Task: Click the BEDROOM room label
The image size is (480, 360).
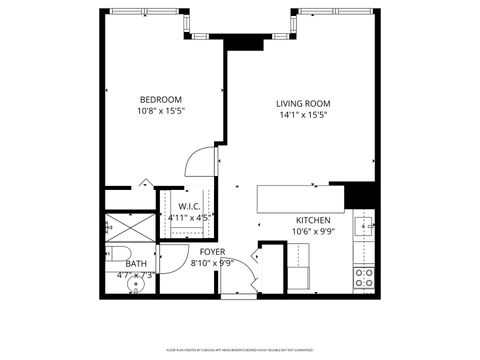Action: pyautogui.click(x=160, y=99)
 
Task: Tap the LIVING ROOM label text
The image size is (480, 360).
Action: pyautogui.click(x=303, y=103)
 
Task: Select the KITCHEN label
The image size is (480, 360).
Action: pyautogui.click(x=313, y=220)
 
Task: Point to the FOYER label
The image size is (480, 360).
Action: pyautogui.click(x=212, y=252)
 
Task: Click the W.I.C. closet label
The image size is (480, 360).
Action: pyautogui.click(x=191, y=208)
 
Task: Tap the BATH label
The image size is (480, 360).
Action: pyautogui.click(x=136, y=263)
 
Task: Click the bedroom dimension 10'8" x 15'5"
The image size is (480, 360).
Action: pyautogui.click(x=160, y=112)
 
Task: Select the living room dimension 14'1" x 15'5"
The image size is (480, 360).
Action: pyautogui.click(x=303, y=115)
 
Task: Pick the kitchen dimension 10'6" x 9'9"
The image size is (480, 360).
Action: pyautogui.click(x=313, y=232)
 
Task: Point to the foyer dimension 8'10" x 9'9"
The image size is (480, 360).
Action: pyautogui.click(x=212, y=264)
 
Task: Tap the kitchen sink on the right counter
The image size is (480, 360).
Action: pyautogui.click(x=364, y=224)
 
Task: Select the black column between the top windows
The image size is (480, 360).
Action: pyautogui.click(x=236, y=40)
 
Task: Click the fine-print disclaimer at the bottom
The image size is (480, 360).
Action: pyautogui.click(x=240, y=350)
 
